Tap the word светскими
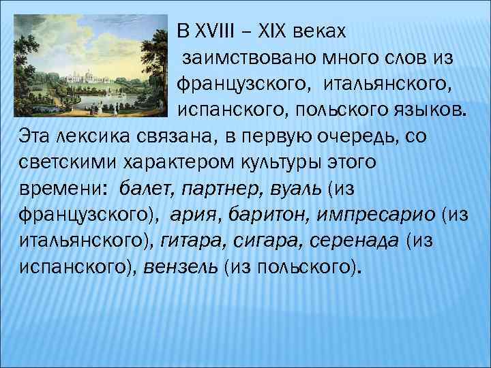pos(60,162)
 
